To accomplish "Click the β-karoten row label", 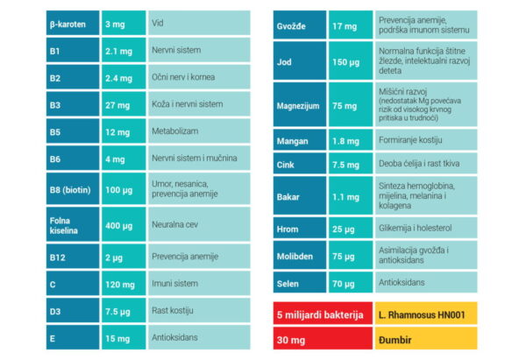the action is click(x=73, y=23).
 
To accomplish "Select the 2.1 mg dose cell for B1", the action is click(x=124, y=50).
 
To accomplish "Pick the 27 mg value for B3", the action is click(x=124, y=104).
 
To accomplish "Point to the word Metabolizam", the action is click(x=174, y=131).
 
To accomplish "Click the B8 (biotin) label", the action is click(x=73, y=188).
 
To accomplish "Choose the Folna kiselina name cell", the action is click(x=73, y=224).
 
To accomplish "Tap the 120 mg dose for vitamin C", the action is click(x=124, y=283).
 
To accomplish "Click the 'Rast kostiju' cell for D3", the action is click(x=199, y=310).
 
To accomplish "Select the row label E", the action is click(x=73, y=337).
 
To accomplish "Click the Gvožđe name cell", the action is click(x=300, y=25).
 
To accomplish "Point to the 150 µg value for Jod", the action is click(x=351, y=60).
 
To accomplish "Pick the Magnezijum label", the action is click(x=300, y=104).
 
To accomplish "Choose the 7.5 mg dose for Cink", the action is click(x=351, y=164).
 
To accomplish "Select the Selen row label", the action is click(x=300, y=282).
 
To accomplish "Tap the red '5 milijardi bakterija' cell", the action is click(x=323, y=314).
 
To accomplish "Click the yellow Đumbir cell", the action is click(x=426, y=339).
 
